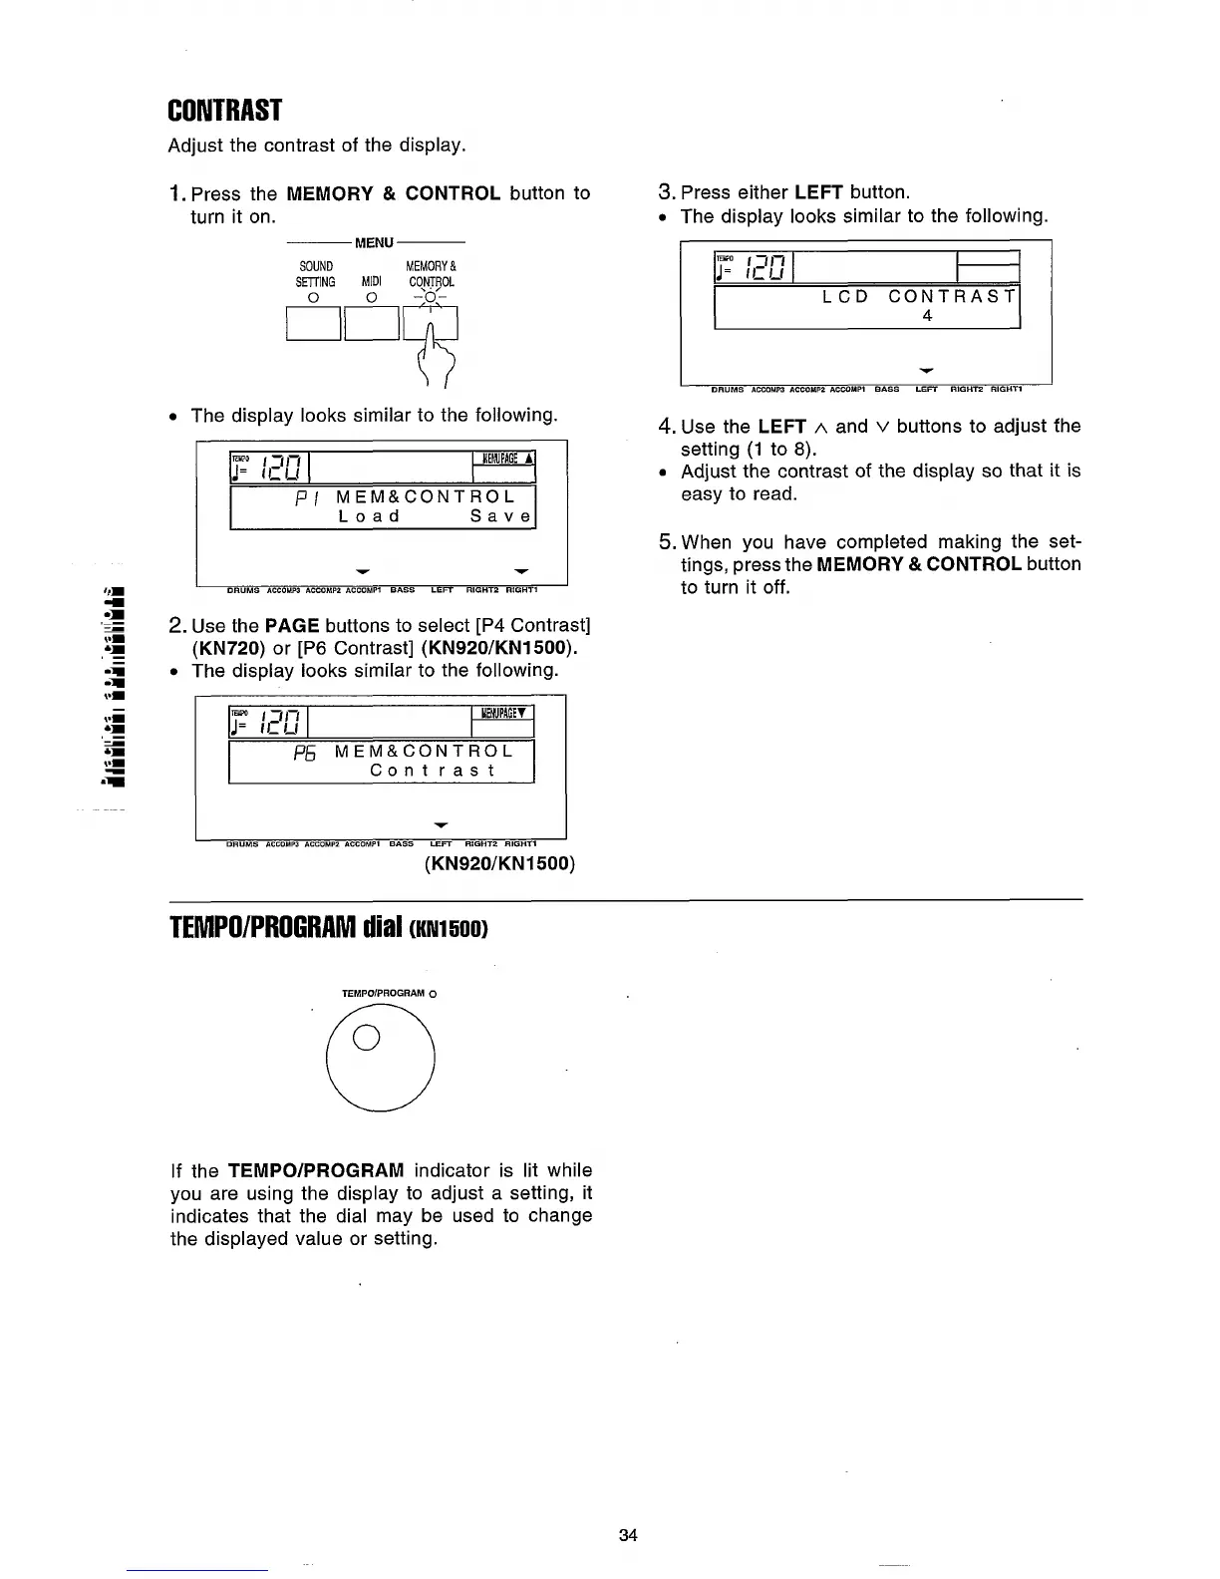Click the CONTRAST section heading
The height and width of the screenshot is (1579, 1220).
tap(225, 110)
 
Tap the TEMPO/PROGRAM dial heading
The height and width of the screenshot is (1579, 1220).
tap(328, 929)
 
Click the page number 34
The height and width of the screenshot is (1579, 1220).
tap(627, 1535)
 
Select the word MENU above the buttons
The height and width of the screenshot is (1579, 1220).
tap(375, 242)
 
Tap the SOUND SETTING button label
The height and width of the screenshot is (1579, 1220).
tap(316, 274)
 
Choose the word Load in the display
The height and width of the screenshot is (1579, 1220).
tap(369, 516)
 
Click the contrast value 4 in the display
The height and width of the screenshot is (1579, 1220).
tap(927, 316)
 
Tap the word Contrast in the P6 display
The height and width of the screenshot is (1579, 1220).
tap(433, 771)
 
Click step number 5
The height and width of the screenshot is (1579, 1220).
tap(668, 542)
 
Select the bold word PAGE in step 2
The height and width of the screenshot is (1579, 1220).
tap(292, 626)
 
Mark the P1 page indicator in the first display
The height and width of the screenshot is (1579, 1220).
tap(307, 497)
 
